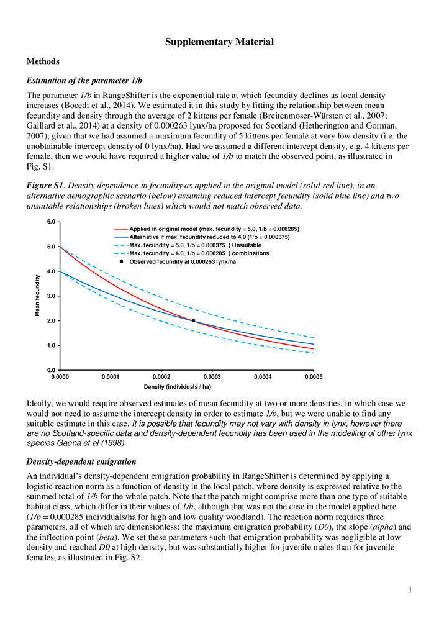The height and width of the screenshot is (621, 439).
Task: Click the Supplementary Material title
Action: tap(219, 42)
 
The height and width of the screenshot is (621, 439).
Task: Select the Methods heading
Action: tap(43, 62)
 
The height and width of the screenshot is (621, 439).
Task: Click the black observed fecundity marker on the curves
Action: tap(193, 321)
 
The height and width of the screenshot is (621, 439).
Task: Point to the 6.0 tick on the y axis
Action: tap(52, 222)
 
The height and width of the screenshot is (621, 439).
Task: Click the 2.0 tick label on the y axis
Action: tap(52, 321)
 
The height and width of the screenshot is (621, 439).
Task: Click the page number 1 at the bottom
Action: tap(411, 589)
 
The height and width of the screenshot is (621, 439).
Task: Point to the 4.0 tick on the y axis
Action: tap(52, 271)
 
